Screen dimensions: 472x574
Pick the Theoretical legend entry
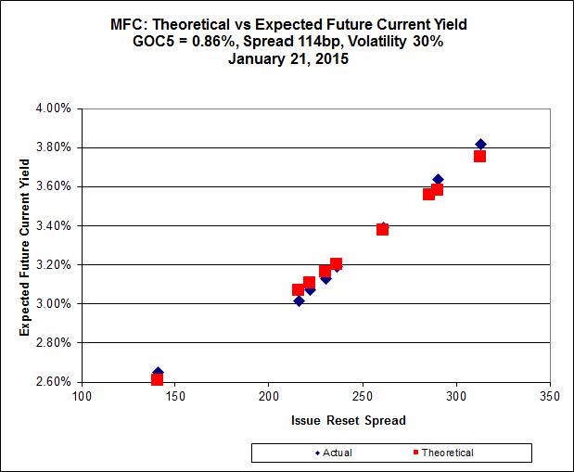point(440,453)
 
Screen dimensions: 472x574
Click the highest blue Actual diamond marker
point(480,145)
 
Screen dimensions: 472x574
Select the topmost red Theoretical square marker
point(479,156)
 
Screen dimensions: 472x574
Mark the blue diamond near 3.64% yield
point(438,180)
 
